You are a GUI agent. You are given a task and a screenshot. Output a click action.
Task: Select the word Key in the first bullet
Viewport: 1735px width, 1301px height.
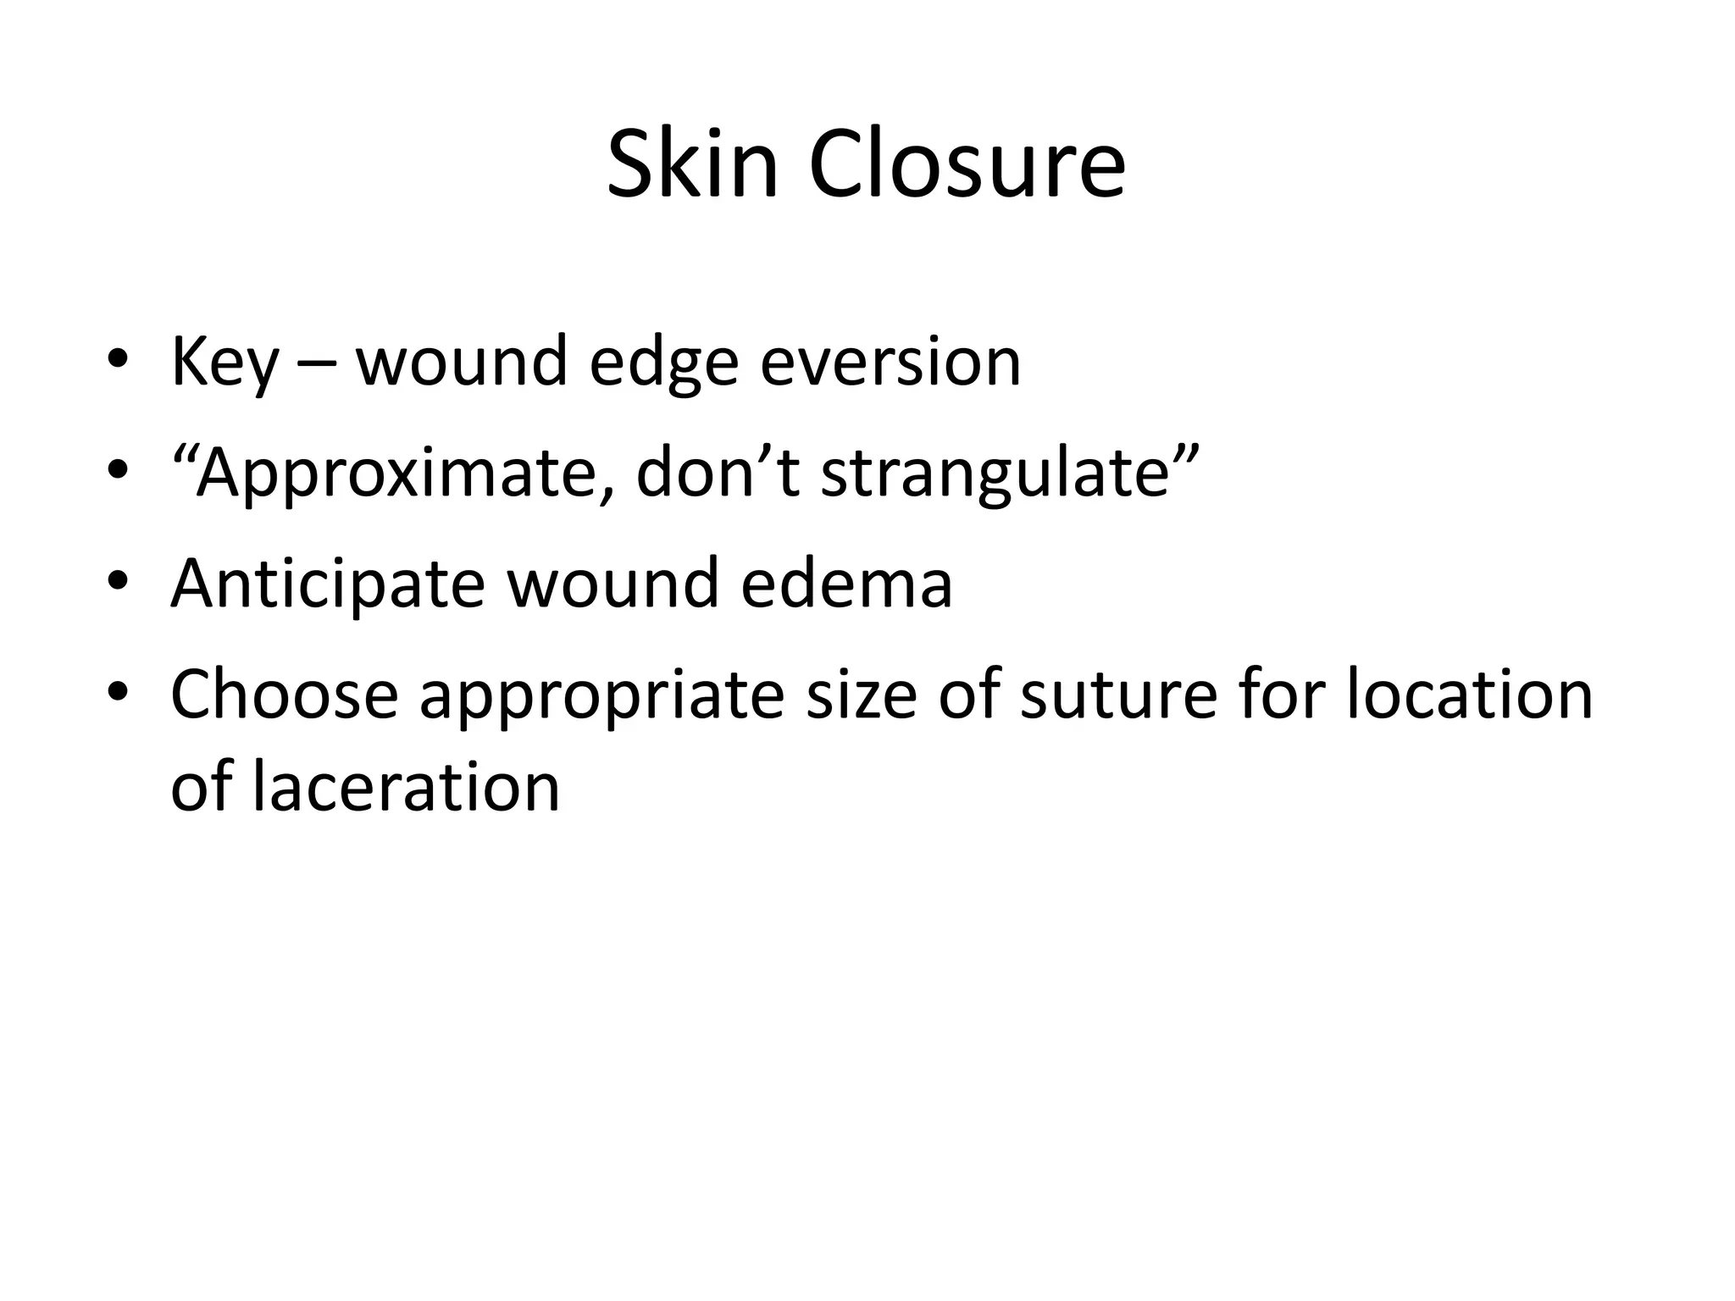coord(224,363)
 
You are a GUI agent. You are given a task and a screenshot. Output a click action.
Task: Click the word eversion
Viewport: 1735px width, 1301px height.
coord(890,363)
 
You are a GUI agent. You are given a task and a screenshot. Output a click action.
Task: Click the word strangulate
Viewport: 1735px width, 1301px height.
coord(1000,474)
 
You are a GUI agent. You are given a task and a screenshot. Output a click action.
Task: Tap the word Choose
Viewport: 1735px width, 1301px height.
coord(285,695)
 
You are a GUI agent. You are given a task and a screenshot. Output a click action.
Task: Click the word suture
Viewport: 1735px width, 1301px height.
coord(1112,695)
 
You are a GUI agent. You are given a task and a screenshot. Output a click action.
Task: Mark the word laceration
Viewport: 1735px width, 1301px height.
coord(406,786)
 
